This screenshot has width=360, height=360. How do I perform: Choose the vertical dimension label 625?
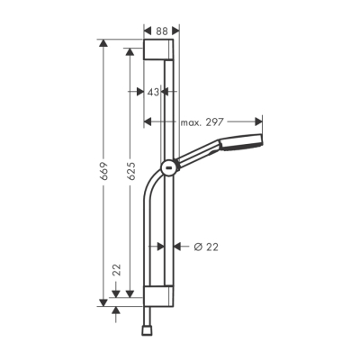130,171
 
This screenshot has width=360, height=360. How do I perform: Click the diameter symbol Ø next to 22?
197,247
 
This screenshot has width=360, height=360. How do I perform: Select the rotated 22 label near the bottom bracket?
116,269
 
